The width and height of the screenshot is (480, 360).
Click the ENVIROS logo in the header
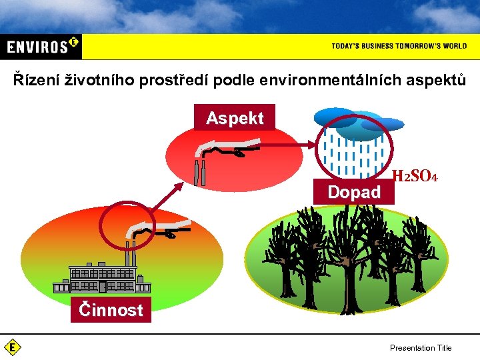pyautogui.click(x=41, y=46)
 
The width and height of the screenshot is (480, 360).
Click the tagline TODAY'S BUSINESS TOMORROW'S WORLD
pyautogui.click(x=399, y=46)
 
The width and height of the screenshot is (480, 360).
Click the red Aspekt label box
pyautogui.click(x=235, y=118)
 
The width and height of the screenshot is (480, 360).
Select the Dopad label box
pyautogui.click(x=353, y=193)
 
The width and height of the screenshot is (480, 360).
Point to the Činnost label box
pyautogui.click(x=111, y=310)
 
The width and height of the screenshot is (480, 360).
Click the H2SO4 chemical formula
pyautogui.click(x=415, y=177)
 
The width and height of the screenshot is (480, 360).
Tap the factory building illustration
pyautogui.click(x=103, y=279)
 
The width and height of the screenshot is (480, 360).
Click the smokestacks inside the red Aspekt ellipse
pyautogui.click(x=199, y=171)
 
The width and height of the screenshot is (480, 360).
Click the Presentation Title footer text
pyautogui.click(x=420, y=347)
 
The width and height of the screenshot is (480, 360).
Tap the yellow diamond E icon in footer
pyautogui.click(x=12, y=347)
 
